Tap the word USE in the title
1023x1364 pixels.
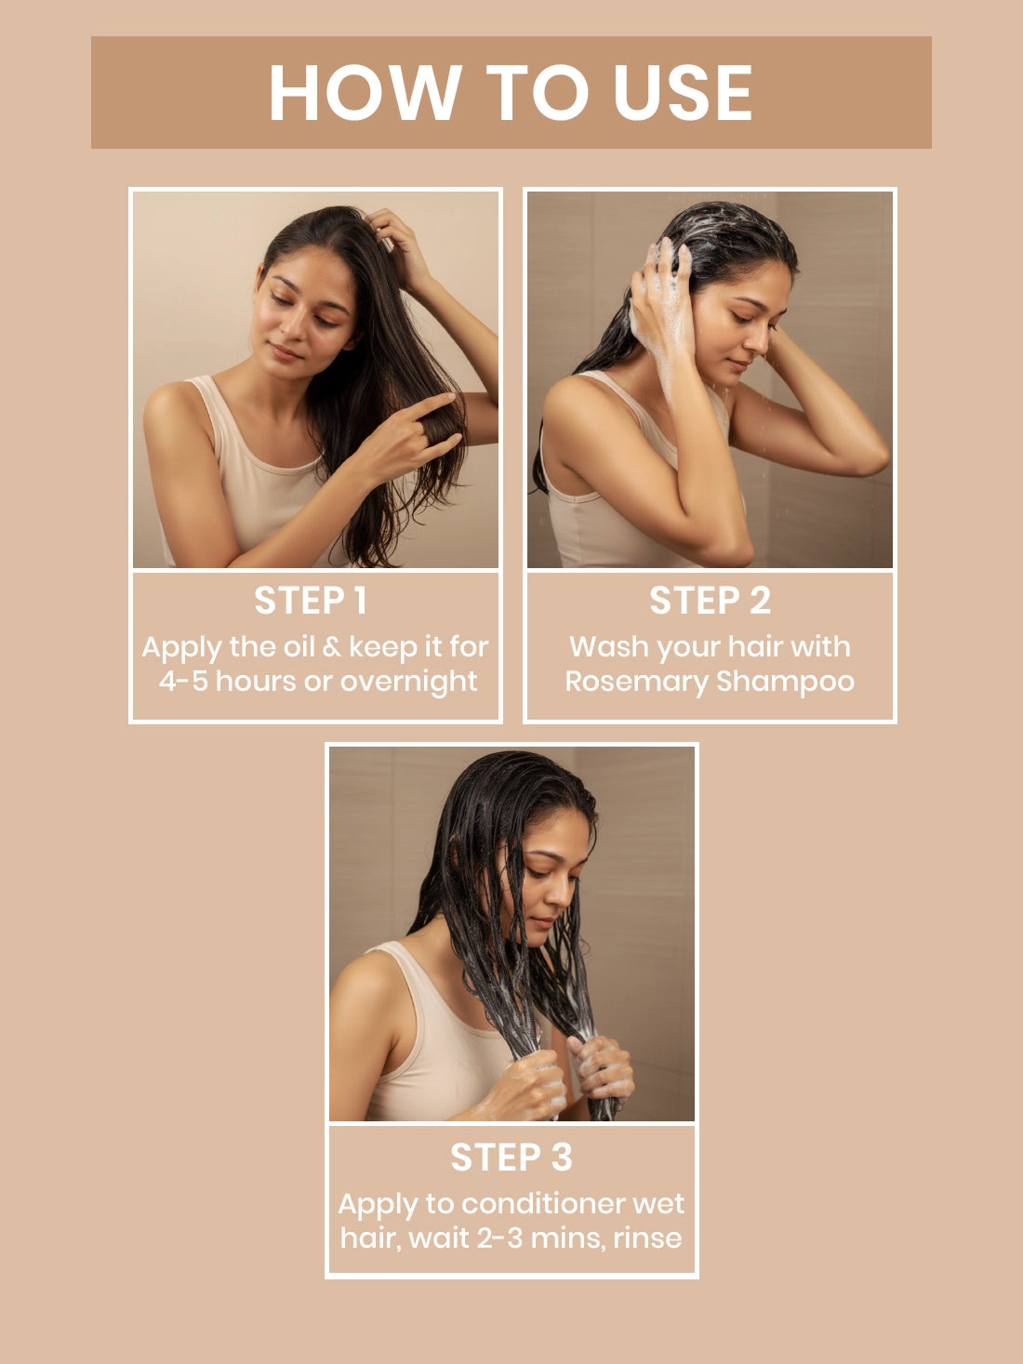[683, 92]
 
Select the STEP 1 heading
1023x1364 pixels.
[311, 601]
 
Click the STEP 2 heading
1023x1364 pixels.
[711, 601]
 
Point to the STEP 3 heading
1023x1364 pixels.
[511, 1157]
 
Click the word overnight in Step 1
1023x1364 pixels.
[409, 682]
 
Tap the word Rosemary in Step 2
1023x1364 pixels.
[636, 682]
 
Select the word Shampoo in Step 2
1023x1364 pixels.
[785, 682]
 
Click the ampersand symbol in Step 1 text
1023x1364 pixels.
[333, 647]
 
